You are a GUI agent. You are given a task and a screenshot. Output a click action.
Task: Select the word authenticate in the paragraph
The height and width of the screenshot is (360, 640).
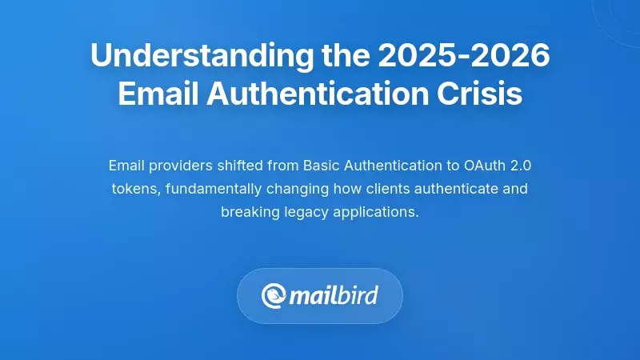click(450, 190)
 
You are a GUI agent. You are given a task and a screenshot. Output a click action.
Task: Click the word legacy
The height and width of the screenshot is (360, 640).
click(303, 213)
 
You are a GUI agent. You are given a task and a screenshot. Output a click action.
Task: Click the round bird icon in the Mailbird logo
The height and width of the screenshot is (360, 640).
click(274, 296)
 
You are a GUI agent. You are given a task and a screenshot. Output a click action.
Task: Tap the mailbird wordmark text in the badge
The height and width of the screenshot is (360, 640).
click(334, 296)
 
